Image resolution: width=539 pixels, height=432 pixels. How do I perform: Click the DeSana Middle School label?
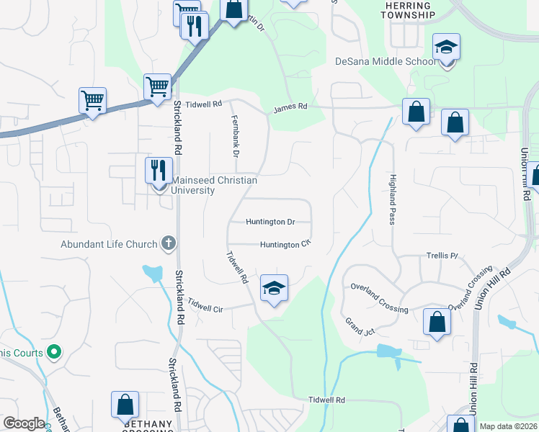click(386, 61)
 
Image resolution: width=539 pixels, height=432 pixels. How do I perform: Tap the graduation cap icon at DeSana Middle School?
click(447, 48)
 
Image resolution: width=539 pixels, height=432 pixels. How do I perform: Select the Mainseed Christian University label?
click(213, 186)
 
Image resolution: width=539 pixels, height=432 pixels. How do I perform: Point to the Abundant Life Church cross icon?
click(168, 244)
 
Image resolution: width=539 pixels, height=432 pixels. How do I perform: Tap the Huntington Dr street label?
click(270, 222)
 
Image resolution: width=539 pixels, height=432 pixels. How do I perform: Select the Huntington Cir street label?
click(285, 245)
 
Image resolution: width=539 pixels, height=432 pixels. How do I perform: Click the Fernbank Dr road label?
click(235, 135)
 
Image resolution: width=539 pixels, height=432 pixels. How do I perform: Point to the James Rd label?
click(290, 107)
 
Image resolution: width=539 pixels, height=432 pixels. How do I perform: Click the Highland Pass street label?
click(393, 199)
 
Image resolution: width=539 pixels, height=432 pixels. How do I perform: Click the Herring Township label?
click(409, 10)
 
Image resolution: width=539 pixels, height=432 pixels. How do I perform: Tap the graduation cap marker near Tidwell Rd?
click(274, 289)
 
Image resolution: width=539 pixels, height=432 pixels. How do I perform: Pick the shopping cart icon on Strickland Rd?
click(157, 87)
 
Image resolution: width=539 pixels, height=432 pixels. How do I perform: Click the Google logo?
click(24, 423)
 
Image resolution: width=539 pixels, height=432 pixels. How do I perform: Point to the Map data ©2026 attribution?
click(508, 426)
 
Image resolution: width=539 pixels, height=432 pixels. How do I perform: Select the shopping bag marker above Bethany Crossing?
click(125, 405)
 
